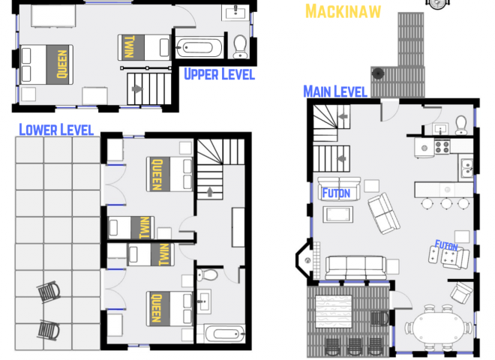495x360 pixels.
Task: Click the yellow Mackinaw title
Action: tap(343, 10)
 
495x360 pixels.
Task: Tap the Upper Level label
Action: tap(219, 74)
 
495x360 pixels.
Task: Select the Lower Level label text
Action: tap(56, 130)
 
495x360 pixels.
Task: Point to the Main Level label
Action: tap(334, 91)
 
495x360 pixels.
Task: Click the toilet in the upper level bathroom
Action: tap(240, 46)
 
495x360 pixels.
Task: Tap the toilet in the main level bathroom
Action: tap(462, 122)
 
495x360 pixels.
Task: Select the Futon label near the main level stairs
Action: tap(335, 193)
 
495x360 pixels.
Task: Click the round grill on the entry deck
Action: tap(378, 73)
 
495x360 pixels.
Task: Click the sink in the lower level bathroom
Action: tap(202, 303)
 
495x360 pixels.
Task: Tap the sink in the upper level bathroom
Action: tap(238, 11)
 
